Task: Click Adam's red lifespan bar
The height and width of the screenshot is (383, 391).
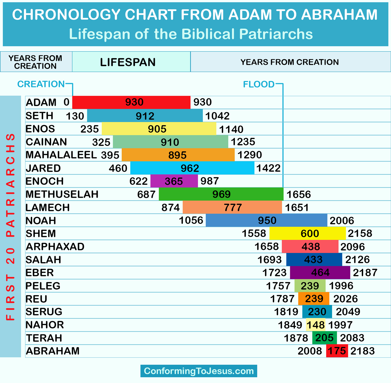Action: coord(131,102)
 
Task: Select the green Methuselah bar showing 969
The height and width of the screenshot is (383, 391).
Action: coord(221,194)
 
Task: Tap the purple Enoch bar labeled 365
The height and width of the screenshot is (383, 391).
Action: coord(174,181)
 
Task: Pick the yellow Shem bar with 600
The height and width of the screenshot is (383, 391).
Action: coord(308,233)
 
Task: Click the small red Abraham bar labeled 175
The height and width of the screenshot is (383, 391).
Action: coord(337,351)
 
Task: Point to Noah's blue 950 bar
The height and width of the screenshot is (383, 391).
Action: coord(266,220)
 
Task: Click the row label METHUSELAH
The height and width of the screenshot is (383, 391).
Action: coord(62,194)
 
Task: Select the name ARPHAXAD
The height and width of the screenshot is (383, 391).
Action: coord(55,246)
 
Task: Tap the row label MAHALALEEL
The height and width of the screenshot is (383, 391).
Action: coord(61,155)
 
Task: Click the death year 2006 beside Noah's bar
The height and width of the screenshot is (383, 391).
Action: coord(342,221)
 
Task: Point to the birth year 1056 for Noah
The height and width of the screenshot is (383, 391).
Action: coord(191,220)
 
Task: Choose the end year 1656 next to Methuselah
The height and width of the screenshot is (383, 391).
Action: coord(299,194)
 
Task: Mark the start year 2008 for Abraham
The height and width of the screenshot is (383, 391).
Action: coord(310,351)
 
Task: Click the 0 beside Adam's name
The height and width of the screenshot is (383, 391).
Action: coord(66,102)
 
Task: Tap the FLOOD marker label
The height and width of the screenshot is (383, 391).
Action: coord(259,84)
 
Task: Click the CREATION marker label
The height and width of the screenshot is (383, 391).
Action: coord(41,84)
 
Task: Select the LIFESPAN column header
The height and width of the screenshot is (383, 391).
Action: coord(128,62)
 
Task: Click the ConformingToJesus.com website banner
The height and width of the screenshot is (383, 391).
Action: coord(199,371)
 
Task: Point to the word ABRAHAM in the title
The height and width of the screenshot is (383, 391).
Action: coord(339,15)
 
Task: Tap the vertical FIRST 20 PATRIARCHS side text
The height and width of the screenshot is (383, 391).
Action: coord(10,227)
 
